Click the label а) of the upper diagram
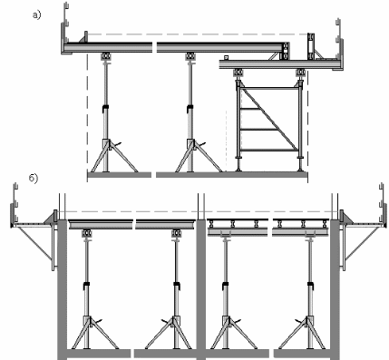coord(36,15)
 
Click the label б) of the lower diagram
coord(34,179)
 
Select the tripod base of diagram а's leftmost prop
coord(114,156)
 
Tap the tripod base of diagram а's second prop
coord(199,156)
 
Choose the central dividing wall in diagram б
coord(200,288)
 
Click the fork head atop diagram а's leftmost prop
coord(105,56)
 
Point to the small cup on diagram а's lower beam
coord(226,57)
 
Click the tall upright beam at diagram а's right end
coord(311,46)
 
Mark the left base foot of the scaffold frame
coord(238,164)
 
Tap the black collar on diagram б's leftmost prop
coord(87,285)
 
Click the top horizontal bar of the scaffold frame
coord(268,89)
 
